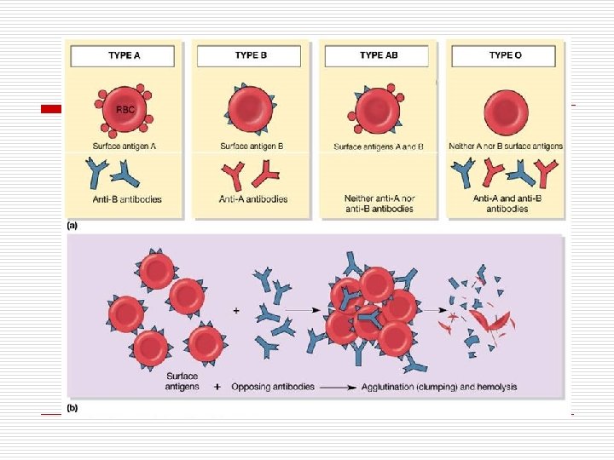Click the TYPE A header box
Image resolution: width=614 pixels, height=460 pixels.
[124, 55]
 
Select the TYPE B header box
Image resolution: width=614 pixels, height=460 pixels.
[251, 55]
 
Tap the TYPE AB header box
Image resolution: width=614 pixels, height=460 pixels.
[377, 55]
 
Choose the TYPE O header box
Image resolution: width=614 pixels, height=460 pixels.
[505, 55]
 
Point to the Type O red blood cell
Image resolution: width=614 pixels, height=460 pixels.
[506, 111]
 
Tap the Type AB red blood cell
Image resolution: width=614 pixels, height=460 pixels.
[377, 111]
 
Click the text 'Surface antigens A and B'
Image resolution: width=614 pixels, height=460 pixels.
[378, 147]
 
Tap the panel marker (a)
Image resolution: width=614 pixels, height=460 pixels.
[73, 227]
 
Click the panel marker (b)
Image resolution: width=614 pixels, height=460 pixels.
[73, 408]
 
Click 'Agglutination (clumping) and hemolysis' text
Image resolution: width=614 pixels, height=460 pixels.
[439, 387]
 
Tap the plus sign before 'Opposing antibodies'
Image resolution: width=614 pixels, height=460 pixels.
[218, 387]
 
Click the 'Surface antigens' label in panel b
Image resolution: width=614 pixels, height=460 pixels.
[182, 381]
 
